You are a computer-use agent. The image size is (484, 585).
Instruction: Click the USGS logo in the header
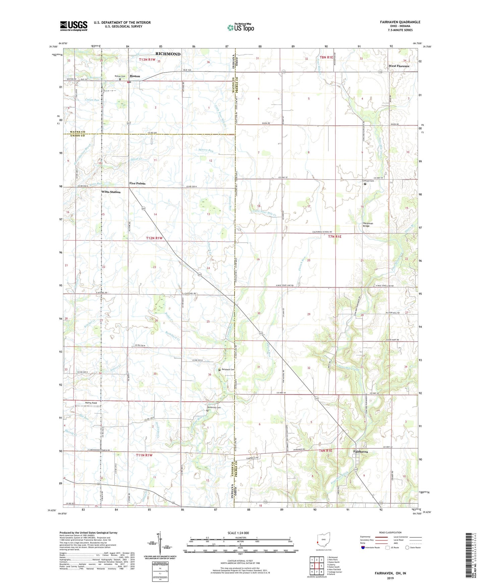pos(74,25)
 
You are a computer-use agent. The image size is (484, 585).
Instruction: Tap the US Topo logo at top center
pos(240,27)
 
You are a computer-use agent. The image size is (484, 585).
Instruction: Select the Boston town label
pos(135,76)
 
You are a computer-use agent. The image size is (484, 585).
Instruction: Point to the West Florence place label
pos(399,66)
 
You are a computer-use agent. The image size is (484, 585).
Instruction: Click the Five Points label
pos(137,184)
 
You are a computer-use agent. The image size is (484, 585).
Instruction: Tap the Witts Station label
pos(111,192)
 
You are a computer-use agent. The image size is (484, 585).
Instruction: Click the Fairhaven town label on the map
pos(360,452)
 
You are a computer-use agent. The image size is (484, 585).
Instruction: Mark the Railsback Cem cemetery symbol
pos(219,370)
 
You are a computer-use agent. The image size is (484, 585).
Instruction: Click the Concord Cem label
pos(368,181)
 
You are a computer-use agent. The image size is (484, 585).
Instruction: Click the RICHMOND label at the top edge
pos(168,54)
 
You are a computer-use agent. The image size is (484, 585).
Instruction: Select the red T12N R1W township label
pos(154,238)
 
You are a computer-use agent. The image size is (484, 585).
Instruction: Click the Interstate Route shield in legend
pos(363,547)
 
